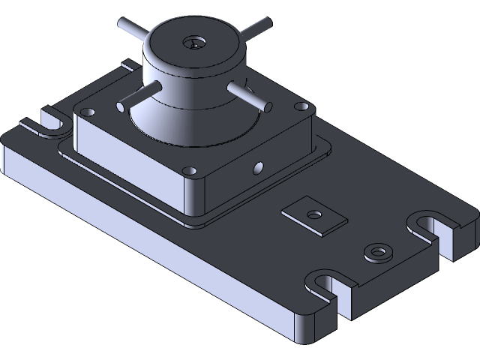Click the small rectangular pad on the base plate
coord(313,215)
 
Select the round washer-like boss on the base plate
coord(376,252)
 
